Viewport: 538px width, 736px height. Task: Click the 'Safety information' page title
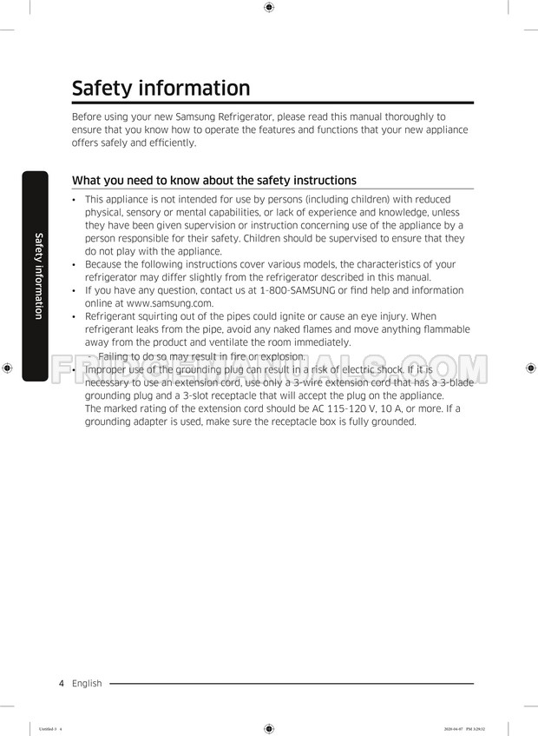point(161,89)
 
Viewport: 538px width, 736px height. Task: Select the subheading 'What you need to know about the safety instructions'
point(213,181)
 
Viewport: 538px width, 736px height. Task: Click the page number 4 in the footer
point(62,683)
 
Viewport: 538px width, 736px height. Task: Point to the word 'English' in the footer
point(87,683)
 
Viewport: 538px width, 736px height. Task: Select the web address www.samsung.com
point(169,303)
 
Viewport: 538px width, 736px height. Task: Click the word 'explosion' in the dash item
point(281,356)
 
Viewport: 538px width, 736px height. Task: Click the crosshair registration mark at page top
point(269,8)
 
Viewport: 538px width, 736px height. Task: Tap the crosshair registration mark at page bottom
point(269,728)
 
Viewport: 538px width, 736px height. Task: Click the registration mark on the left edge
point(7,368)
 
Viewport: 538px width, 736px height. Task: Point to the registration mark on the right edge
point(530,368)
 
